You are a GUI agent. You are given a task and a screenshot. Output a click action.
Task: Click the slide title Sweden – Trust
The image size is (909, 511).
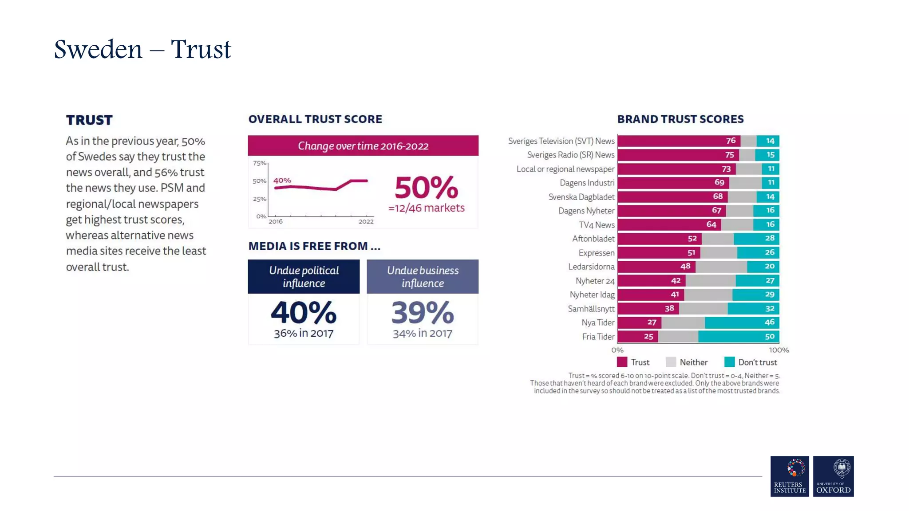coord(142,49)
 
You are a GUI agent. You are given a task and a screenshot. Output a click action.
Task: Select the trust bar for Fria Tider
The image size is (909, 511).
coord(637,337)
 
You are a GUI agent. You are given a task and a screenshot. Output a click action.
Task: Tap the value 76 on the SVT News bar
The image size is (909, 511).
coord(731,141)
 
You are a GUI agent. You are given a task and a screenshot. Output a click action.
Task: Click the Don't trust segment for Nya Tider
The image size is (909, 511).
coord(742,322)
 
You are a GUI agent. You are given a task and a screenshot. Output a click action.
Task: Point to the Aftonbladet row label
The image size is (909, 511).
coord(593,239)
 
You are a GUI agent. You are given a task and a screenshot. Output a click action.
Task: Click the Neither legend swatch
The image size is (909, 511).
coord(671,362)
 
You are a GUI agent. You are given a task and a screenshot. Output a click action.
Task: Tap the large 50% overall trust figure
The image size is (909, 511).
coord(426,188)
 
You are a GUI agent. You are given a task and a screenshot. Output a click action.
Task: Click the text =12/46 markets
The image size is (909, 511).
coord(426,208)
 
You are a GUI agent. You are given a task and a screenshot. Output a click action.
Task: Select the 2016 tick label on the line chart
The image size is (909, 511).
coord(275,221)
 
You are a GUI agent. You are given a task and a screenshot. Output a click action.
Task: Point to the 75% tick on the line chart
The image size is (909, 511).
coord(259,163)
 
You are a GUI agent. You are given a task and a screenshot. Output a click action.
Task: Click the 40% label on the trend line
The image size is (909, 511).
coord(282,181)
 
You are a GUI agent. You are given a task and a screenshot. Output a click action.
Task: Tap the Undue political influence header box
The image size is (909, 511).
coord(304,276)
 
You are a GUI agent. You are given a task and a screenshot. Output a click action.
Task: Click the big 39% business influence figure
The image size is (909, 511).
coord(423,313)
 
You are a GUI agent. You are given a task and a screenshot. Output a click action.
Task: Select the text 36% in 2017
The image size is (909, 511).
coord(304,333)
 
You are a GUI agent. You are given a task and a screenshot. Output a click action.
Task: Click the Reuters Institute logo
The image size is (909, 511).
coord(789,476)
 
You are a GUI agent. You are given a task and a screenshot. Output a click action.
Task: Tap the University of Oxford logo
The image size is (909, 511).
coord(833,476)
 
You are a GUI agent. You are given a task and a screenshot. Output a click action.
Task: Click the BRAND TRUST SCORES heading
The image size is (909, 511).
coord(680,119)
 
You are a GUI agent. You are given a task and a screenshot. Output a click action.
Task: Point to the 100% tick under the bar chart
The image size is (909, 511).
coord(779,350)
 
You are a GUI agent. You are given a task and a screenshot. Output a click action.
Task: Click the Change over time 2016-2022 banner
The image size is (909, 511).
coord(363,146)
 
